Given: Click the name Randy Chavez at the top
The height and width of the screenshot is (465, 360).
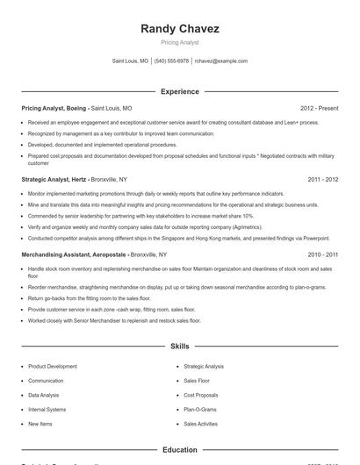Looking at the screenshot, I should (x=180, y=29).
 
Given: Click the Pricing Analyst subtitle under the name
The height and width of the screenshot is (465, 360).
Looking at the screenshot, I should (x=180, y=42).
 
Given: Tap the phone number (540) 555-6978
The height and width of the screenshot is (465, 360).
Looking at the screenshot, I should (x=171, y=61).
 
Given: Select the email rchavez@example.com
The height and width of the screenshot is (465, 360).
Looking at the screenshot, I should (x=221, y=61).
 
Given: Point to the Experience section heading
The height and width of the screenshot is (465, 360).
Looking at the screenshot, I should (x=180, y=91).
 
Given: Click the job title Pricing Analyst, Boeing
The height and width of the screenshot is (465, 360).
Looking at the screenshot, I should (x=55, y=109).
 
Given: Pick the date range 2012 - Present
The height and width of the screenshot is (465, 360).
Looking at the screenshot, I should (x=319, y=109).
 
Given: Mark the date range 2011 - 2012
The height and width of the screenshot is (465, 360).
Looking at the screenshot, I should (x=323, y=179).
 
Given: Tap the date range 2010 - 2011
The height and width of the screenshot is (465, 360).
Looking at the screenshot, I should (x=323, y=254).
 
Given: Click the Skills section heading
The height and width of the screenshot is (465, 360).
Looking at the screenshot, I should (x=180, y=347).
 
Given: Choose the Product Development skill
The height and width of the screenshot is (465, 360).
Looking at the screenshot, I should (x=53, y=366).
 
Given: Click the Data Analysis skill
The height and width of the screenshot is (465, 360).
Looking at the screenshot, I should (x=45, y=395).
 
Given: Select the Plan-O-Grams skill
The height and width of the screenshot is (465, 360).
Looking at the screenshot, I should (x=200, y=409).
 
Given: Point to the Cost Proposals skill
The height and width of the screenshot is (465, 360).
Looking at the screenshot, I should (x=201, y=395).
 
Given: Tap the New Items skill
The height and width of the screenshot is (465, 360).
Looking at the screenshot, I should (x=40, y=424).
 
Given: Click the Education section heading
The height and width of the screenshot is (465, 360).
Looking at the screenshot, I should (x=180, y=450).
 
